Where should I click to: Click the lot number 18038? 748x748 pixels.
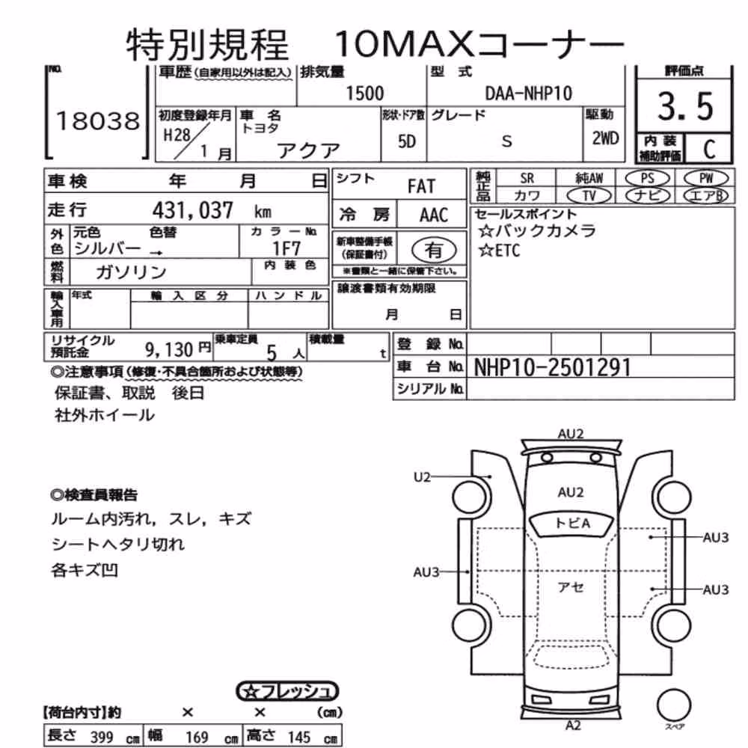(98, 121)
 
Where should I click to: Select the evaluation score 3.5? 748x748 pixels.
(685, 106)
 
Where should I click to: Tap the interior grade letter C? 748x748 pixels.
(709, 149)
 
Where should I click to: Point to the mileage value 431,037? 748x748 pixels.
(193, 210)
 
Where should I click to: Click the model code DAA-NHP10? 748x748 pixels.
(529, 93)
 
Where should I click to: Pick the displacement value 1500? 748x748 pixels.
(364, 93)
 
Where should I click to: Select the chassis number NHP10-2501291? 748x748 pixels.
(553, 367)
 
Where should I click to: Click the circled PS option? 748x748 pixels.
(647, 179)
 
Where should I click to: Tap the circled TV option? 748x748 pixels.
(589, 195)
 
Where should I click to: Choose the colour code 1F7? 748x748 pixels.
(286, 248)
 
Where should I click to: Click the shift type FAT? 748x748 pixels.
(421, 186)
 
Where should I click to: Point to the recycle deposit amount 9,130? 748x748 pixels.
(169, 350)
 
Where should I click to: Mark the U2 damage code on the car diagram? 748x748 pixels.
(422, 476)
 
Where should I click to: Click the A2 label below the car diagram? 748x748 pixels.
(573, 726)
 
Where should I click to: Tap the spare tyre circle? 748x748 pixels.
(674, 705)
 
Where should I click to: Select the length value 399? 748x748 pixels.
(102, 737)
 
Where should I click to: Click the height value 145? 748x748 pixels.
(298, 737)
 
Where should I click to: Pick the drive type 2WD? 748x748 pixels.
(605, 138)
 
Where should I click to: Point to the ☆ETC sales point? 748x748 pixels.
(500, 251)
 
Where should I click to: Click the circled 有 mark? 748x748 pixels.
(433, 250)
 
